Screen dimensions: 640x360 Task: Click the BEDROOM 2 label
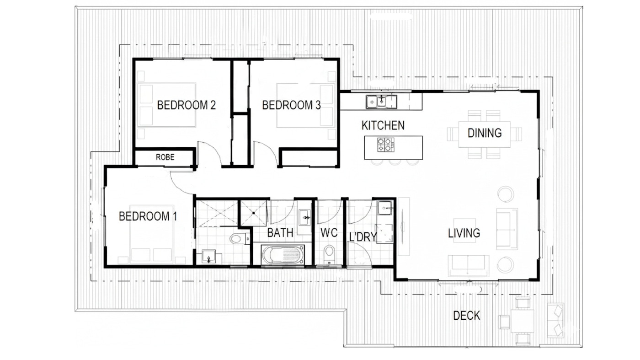(x=187, y=105)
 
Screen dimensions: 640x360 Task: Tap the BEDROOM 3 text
(x=292, y=105)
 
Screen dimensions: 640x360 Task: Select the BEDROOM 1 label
(x=148, y=216)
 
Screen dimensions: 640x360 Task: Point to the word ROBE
(x=165, y=157)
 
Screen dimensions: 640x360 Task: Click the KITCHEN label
(x=383, y=125)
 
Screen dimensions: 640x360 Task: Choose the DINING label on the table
(x=485, y=133)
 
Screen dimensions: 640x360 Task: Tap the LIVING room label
(x=464, y=233)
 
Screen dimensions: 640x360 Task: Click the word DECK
(x=467, y=315)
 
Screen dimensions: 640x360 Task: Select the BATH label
(x=280, y=233)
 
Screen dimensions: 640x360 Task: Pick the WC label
(x=329, y=233)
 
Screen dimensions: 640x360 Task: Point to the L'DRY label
(x=363, y=237)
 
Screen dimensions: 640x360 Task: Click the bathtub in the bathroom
(x=283, y=254)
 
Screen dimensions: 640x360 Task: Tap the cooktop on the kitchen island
(x=386, y=145)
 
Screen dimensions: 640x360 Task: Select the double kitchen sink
(x=381, y=102)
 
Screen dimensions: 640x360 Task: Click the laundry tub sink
(x=384, y=208)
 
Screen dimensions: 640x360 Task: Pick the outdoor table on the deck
(x=522, y=321)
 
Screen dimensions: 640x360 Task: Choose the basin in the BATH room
(x=304, y=218)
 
